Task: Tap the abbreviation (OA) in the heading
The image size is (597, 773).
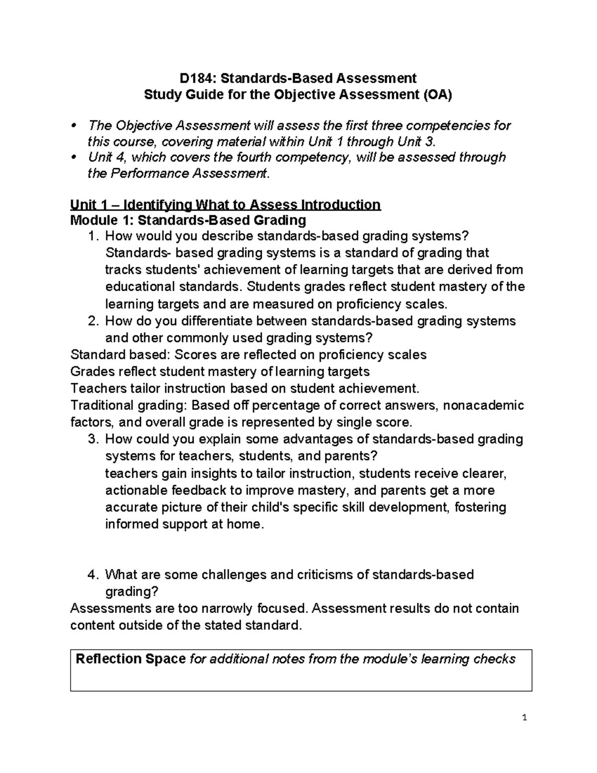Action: tap(438, 95)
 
